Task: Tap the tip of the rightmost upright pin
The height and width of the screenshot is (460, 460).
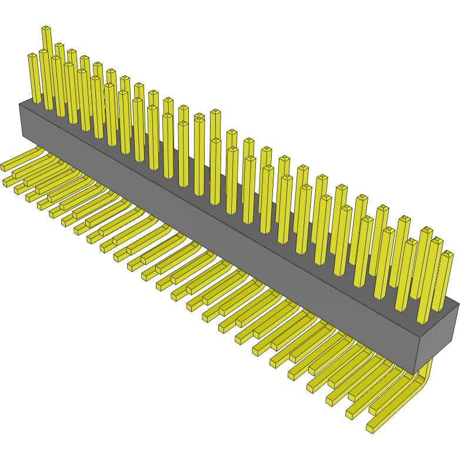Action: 448,254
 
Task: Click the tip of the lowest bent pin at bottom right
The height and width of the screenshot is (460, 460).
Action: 370,428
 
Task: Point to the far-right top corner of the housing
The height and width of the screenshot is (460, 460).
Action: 458,303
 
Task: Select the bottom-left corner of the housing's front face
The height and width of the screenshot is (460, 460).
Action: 22,135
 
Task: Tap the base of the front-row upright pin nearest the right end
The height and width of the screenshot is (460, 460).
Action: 424,320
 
